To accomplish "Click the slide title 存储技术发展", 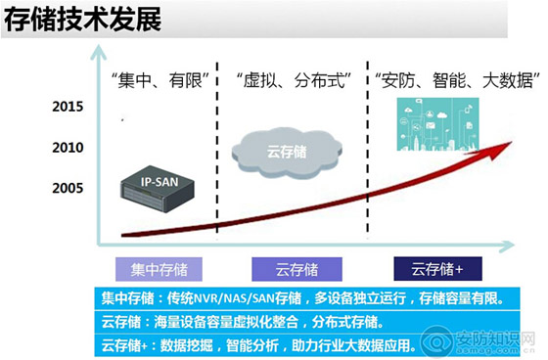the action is tap(83, 22).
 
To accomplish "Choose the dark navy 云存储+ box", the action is tap(434, 268).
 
